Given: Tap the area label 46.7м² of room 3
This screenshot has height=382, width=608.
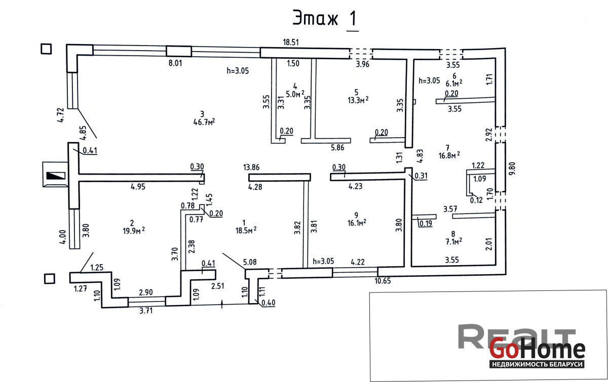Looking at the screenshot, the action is [204, 122].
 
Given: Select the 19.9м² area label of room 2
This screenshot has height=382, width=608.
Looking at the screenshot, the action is [134, 231].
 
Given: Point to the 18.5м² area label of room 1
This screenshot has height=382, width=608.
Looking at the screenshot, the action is [246, 230].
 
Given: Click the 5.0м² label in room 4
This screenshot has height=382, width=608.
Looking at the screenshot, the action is [295, 94].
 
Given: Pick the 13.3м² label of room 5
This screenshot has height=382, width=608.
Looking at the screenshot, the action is [358, 100].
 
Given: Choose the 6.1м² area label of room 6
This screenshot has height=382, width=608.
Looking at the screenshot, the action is [454, 83].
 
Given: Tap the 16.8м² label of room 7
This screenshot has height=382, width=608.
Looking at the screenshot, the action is [449, 155].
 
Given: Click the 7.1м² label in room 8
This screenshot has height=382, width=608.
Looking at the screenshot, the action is [454, 241].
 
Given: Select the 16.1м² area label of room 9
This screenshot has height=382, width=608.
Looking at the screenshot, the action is [357, 223].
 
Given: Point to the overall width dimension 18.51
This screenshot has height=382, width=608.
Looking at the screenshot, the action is [291, 43].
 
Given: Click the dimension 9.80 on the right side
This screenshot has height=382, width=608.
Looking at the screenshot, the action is [512, 168].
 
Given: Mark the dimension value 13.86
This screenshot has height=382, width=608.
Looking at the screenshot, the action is [251, 167].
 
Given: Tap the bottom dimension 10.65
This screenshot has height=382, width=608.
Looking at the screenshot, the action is [383, 281].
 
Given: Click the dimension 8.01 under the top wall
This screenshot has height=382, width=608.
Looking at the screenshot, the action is [175, 63].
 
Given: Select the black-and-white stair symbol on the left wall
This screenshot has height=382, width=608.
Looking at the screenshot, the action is [56, 176].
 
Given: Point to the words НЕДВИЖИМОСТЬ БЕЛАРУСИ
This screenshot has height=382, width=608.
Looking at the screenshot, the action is [537, 364].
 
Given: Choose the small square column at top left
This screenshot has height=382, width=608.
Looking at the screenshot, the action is [46, 49].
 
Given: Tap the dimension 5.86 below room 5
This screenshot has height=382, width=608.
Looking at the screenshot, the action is [337, 148].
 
